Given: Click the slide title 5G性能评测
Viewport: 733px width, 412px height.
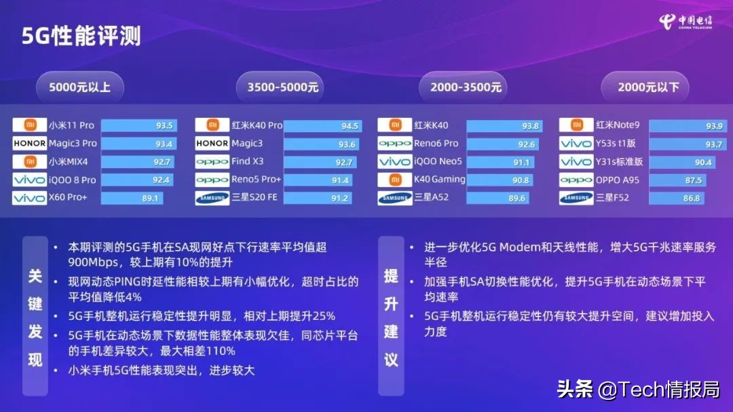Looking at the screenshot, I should [x=81, y=35].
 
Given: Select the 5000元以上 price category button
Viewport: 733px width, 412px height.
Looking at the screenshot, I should [x=79, y=87].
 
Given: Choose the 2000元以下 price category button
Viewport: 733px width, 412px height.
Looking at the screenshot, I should [x=645, y=87].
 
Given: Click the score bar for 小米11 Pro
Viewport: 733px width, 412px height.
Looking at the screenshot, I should [x=138, y=125].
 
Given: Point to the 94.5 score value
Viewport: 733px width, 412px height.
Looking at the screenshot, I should [x=350, y=125].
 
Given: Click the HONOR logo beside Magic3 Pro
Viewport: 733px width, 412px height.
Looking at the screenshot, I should [x=29, y=144].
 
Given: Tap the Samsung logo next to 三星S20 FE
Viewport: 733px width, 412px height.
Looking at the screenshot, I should [x=212, y=198].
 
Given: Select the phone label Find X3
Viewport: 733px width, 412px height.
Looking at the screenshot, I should [x=247, y=162].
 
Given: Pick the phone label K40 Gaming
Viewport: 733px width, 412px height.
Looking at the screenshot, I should [x=440, y=180].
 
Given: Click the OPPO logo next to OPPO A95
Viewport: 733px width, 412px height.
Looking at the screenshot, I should [x=576, y=180].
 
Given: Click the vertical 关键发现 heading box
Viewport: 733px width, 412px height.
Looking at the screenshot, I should [x=35, y=316].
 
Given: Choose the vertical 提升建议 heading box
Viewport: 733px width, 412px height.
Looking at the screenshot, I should [x=391, y=316].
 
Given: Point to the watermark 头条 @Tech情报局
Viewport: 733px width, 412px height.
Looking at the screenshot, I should [x=638, y=390].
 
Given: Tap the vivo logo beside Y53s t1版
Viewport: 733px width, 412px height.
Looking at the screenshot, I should [x=576, y=144].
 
